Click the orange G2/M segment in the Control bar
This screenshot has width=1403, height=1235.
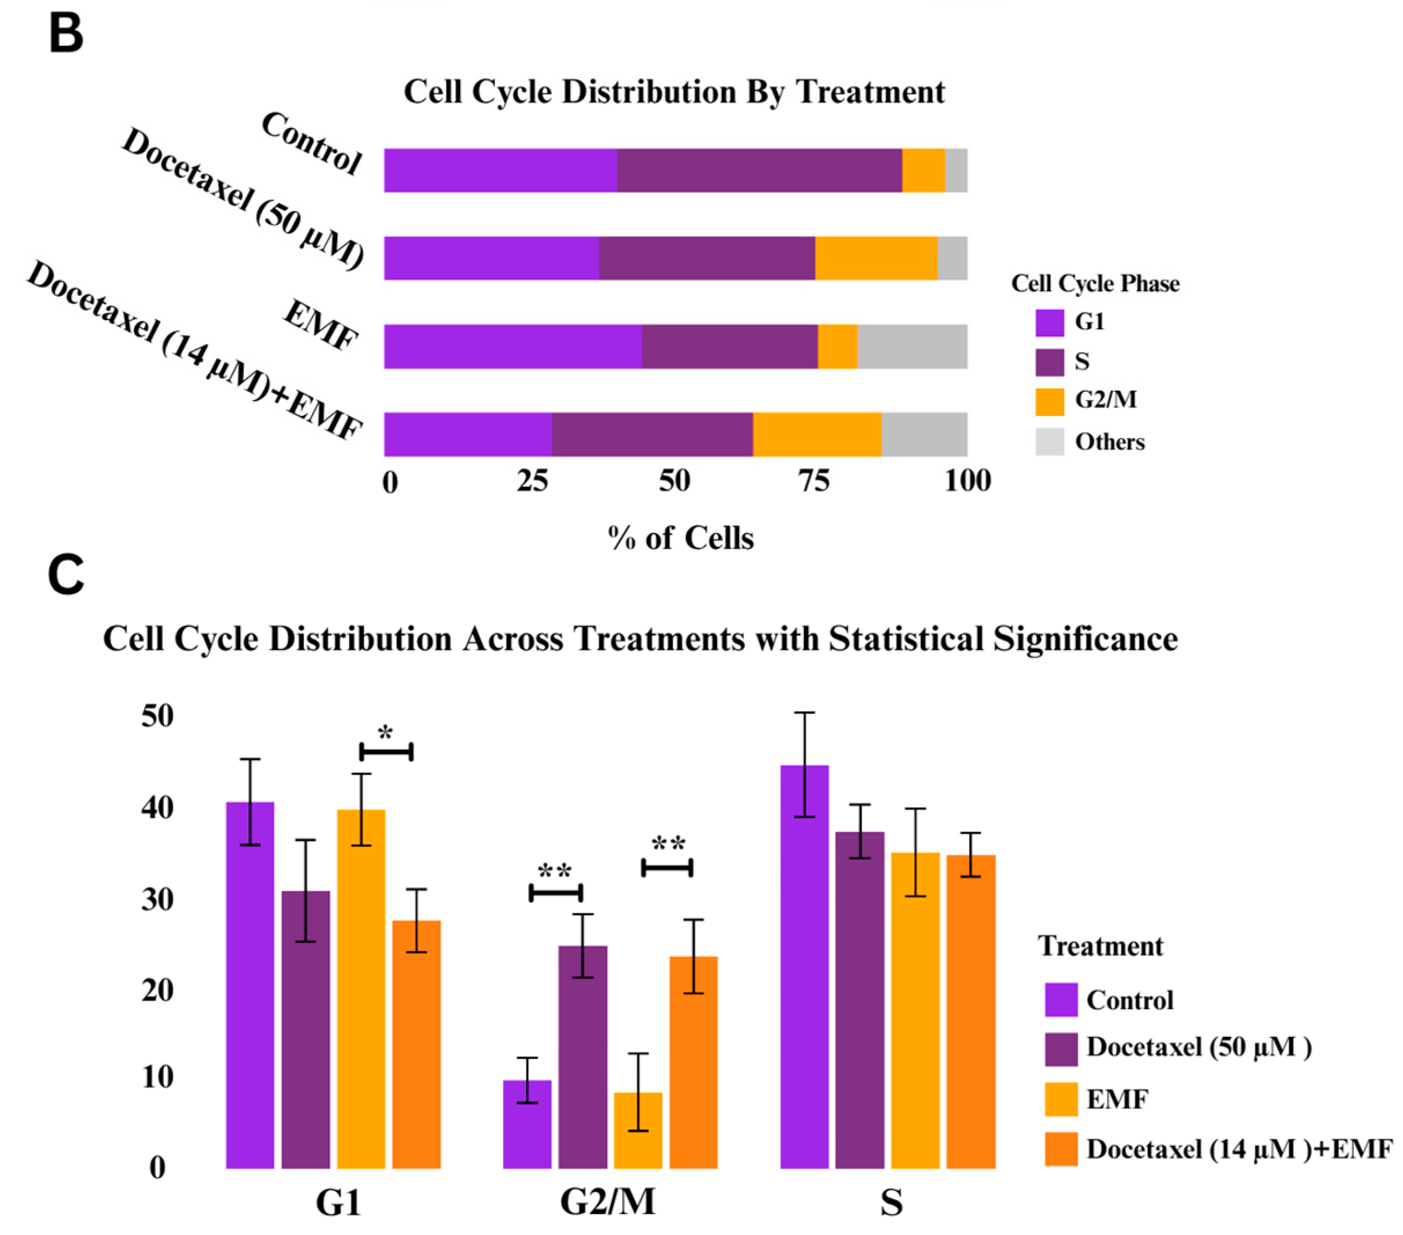[x=923, y=170]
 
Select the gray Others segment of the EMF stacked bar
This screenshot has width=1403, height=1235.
[x=912, y=347]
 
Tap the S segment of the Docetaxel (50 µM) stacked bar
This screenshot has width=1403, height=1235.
[x=706, y=258]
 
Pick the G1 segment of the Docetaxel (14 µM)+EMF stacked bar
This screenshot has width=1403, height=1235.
[x=467, y=435]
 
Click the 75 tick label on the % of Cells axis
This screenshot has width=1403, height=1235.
[x=815, y=482]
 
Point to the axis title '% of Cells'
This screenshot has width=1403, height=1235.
[x=681, y=538]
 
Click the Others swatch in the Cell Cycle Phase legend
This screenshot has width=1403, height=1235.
[x=1050, y=442]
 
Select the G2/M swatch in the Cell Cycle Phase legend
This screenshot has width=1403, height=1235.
[x=1050, y=402]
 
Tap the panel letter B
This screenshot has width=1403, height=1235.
[x=66, y=34]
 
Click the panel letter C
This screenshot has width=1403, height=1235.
[x=66, y=575]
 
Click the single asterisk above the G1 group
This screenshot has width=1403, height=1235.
[x=385, y=734]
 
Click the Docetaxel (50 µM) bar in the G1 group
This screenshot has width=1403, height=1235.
[x=305, y=1030]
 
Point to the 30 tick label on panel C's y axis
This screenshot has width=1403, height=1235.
[x=158, y=899]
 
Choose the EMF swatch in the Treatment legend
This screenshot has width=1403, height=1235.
[x=1060, y=1099]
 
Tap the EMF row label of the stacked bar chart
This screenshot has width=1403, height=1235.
[x=321, y=325]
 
